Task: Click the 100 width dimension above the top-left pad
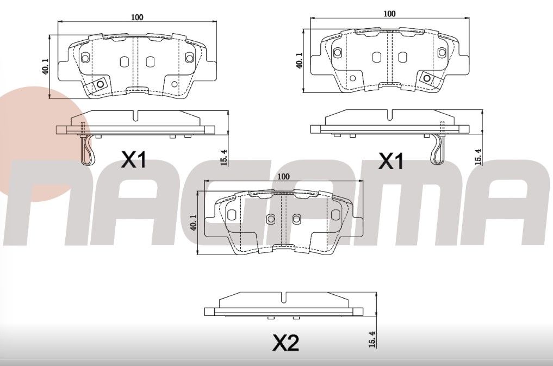(136, 17)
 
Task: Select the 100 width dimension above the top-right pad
(389, 14)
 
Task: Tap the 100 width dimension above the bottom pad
(283, 177)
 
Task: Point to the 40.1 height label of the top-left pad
(46, 66)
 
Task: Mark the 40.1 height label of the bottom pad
(193, 223)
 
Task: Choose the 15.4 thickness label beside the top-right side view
(478, 156)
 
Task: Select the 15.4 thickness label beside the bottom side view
(372, 339)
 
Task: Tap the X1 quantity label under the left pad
(133, 160)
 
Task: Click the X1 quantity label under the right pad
(391, 161)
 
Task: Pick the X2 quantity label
(285, 343)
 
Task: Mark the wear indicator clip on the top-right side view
(438, 150)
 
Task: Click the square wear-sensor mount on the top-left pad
(100, 85)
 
